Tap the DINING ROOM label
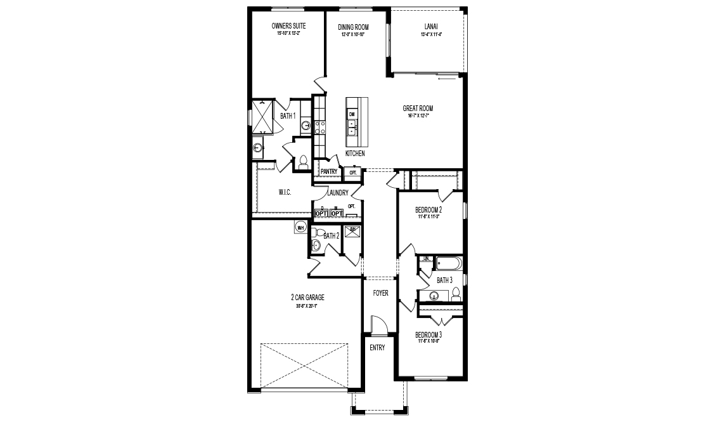pos(353,27)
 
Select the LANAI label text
pos(429,27)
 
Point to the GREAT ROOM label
pos(418,109)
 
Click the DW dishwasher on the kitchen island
pos(351,114)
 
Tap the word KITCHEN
pos(355,154)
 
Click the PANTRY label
pos(328,171)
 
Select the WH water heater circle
pos(300,227)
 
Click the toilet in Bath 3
pos(455,293)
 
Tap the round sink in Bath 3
pos(434,296)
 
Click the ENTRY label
pos(377,348)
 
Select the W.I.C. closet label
pos(285,192)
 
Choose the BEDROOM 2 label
pos(428,209)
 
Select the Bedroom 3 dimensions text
pos(428,341)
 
